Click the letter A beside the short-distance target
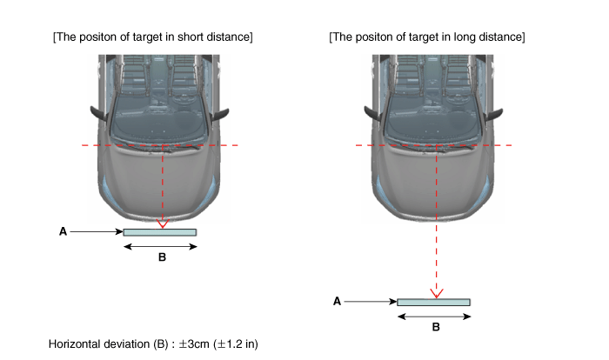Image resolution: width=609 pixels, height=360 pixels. pos(63,232)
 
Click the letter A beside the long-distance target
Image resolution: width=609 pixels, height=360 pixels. pos(338,302)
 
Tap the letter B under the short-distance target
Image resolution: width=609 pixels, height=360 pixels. pos(163,257)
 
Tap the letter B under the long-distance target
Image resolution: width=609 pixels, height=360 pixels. pos(436,327)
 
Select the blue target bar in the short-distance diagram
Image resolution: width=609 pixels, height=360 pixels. pos(159,232)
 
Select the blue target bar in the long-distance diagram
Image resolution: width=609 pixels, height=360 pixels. pos(433,302)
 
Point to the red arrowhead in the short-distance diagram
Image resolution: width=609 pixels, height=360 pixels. pos(163,223)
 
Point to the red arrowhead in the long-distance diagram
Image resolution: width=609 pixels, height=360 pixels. pos(437,294)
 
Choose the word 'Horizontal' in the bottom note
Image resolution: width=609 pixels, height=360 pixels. pos(73,344)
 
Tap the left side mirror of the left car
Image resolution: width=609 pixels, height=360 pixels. pos(98,113)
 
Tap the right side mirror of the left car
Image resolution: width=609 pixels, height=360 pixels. pos(220,115)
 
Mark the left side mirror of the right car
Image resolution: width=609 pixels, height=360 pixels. pos(373,113)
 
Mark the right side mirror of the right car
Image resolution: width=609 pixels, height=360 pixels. pos(494,115)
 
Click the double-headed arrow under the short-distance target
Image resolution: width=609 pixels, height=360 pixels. pos(160,247)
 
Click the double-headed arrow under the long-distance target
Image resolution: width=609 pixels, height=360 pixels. pos(434,317)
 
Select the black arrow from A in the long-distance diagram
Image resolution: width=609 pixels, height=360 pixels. pos(371,302)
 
